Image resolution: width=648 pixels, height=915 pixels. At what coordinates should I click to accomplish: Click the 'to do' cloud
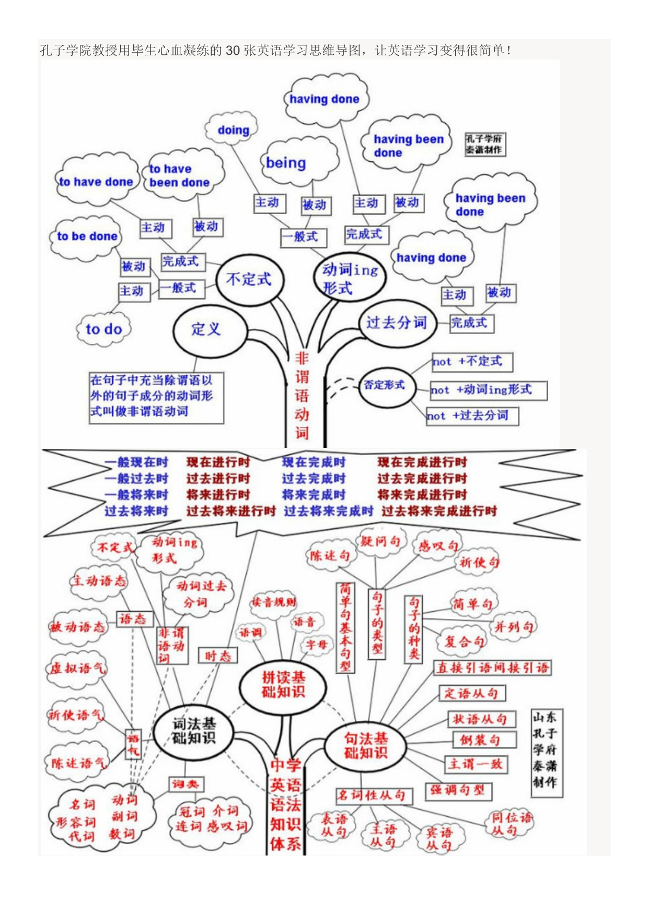[x=104, y=329]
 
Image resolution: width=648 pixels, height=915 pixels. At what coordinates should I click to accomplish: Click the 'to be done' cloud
[x=87, y=237]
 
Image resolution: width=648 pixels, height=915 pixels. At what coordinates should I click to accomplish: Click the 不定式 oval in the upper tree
[x=250, y=280]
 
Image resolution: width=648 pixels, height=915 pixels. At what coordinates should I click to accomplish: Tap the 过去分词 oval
[x=396, y=323]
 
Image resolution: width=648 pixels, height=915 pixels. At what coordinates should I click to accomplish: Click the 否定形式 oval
[x=385, y=385]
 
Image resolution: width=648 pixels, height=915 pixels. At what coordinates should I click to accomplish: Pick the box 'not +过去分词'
[x=472, y=416]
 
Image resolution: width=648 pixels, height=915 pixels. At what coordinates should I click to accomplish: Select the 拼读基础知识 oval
[x=283, y=685]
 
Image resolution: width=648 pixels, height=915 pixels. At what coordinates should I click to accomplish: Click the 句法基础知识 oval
[x=365, y=745]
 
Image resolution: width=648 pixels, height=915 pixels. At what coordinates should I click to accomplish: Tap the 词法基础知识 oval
[x=194, y=731]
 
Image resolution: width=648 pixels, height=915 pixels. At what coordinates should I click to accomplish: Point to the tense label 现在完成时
[x=314, y=462]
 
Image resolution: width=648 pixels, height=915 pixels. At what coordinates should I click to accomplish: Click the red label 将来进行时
[x=218, y=495]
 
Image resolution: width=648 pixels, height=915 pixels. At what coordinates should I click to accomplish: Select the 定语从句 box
[x=471, y=693]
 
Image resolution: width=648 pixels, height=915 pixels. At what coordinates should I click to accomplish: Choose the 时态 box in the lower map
[x=218, y=656]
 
